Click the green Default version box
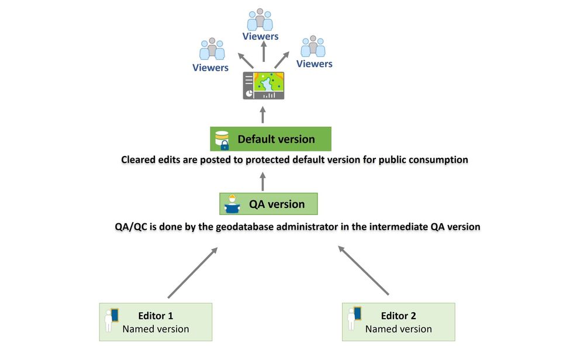tap(271, 139)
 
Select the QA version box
tap(268, 204)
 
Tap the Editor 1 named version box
tap(155, 322)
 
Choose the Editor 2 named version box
tap(398, 322)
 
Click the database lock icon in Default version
tap(222, 140)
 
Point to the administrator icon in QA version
tap(231, 204)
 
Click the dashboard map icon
tap(264, 86)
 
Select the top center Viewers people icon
tap(260, 20)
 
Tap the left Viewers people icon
tap(212, 49)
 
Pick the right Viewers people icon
tap(313, 46)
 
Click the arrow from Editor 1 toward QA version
tap(192, 272)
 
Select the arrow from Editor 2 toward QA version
tap(364, 270)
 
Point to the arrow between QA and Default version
tap(263, 180)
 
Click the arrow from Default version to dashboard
tap(263, 114)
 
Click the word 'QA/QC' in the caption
tap(132, 227)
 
